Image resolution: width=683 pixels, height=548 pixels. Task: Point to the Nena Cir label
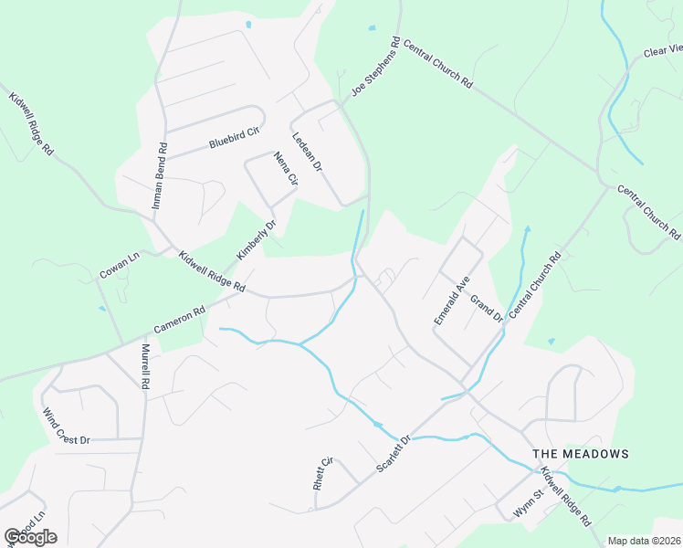(286, 169)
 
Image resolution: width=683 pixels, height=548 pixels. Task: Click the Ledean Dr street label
(308, 152)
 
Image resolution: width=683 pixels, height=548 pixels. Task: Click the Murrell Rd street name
(144, 366)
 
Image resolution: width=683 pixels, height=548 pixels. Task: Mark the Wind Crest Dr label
(66, 426)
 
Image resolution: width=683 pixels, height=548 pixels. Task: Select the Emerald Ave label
(451, 298)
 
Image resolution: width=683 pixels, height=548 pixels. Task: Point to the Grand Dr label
(487, 309)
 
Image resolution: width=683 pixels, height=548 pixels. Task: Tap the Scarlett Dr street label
(395, 453)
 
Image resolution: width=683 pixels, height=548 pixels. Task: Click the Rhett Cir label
(322, 473)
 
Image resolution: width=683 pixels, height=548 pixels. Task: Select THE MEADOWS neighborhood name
(581, 454)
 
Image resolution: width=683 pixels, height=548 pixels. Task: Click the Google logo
(30, 537)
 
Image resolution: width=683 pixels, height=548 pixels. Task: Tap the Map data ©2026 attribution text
(644, 541)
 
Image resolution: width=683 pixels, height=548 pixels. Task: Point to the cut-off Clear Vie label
(663, 51)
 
